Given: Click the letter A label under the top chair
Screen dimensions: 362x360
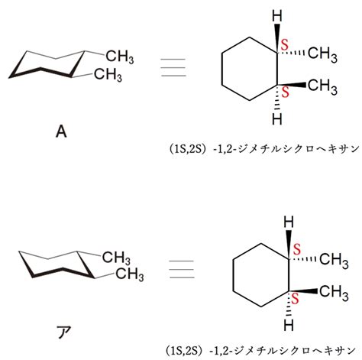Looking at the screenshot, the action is pos(61,132).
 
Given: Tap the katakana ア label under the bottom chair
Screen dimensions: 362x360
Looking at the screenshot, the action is pos(63,332).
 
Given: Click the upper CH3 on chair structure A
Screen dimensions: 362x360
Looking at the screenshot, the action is pos(120,57).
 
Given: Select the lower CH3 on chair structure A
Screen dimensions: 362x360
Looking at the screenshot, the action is pos(108,75).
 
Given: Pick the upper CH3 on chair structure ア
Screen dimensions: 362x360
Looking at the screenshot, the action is pos(116,258).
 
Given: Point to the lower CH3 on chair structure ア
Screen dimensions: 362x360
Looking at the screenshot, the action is pos(130,274).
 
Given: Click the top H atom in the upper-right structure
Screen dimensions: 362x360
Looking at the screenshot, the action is pos(277,16).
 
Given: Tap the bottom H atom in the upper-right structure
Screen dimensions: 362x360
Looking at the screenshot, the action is pos(277,119).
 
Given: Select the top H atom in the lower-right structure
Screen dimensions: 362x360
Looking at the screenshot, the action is pos(289,222).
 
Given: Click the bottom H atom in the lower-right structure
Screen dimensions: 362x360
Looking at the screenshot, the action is pos(289,325).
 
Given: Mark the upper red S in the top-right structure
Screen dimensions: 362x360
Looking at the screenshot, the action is pos(285,44).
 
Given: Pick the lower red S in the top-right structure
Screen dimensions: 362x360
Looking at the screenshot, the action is pos(286,92).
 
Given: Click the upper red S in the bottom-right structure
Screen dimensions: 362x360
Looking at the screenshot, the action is pos(296,249).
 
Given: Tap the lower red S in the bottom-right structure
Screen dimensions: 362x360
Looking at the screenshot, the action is pos(295,298).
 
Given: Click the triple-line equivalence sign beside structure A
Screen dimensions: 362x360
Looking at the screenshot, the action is pos(173,67).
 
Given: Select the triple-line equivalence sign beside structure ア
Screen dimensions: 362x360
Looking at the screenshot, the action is pos(182,269).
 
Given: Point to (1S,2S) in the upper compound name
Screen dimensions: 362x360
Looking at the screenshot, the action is pos(187,149).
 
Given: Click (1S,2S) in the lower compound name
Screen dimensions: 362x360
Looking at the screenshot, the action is pos(183,351).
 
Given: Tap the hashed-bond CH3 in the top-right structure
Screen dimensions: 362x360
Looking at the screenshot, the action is pos(323,54).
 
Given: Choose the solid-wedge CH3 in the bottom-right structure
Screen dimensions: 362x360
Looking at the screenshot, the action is pos(334,291).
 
